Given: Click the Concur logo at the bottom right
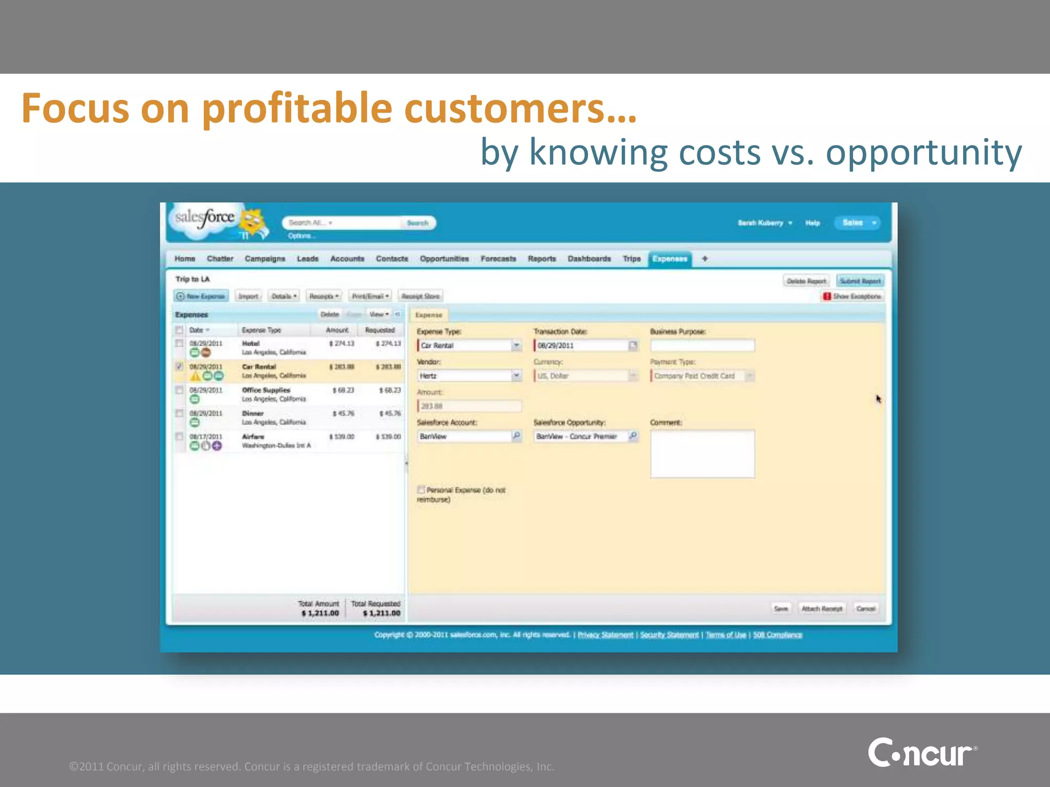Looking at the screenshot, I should pos(922,753).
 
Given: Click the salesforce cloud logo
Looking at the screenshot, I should pos(205,220).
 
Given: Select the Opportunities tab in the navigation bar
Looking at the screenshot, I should pos(444,259).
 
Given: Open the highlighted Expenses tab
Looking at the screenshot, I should pos(670,259).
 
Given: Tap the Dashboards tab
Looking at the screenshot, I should pos(589,259).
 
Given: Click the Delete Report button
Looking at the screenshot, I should pos(806,281).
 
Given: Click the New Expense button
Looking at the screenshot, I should pos(201,296).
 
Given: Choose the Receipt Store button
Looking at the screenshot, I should pos(420,296).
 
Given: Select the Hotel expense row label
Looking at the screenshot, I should pos(251,343).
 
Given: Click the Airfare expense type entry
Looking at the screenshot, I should pos(253,437).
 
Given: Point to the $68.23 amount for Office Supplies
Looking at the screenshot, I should pos(343,390).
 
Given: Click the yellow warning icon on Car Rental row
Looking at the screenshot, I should pos(195,377).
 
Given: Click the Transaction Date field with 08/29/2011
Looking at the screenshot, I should pos(581,345).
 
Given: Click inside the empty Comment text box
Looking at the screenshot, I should pos(702,454).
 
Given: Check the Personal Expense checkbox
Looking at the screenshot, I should pos(421,489).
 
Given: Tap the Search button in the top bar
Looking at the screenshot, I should pos(417,223).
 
